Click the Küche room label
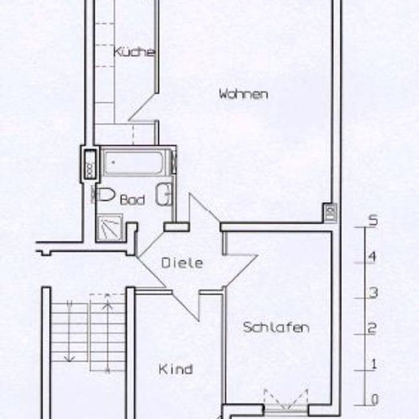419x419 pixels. coord(134,53)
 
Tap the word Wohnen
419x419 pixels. coord(243,94)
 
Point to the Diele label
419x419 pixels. coord(182,264)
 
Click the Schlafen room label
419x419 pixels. coord(276,328)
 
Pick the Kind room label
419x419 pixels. coord(176,370)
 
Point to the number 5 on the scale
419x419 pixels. coord(373,220)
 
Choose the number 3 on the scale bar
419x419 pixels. coord(373,292)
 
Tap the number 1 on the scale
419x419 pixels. coord(374,364)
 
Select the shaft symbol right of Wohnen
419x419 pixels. coord(330,212)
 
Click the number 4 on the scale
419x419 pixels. coord(373,256)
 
